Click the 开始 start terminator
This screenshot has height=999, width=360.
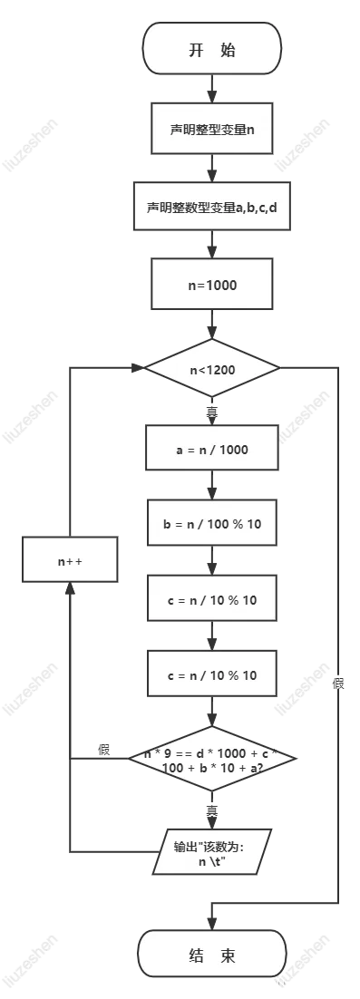[212, 49]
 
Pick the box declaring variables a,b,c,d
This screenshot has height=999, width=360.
[212, 207]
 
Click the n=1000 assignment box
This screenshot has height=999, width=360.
[212, 285]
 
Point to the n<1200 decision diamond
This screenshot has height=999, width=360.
[212, 370]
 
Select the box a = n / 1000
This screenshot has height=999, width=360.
[212, 449]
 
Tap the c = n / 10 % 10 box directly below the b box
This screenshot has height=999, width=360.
[212, 601]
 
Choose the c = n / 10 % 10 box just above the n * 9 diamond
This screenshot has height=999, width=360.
[212, 675]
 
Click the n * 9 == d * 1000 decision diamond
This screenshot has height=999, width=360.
[212, 760]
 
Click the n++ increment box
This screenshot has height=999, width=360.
[71, 562]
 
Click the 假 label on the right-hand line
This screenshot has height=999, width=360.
[339, 683]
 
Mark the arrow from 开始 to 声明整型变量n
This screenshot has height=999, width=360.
[212, 88]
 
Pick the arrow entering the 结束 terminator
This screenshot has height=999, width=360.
[212, 918]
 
